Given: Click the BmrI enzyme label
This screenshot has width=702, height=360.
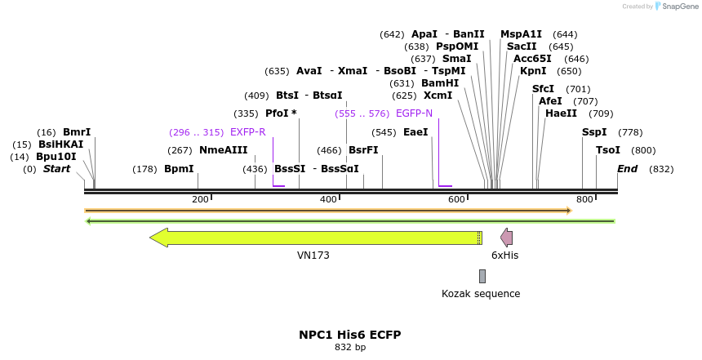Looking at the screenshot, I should pos(77,132).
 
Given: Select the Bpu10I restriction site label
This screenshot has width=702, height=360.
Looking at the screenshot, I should pos(56,157).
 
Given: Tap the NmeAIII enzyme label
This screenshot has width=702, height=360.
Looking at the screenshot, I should pos(223,150).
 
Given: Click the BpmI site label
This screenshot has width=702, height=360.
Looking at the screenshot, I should pos(179,169).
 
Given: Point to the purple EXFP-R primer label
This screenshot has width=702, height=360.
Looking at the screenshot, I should pos(248,132).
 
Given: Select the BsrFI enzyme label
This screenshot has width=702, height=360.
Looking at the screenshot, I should pos(363,150).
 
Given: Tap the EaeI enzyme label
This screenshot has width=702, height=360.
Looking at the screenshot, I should pos(415,132).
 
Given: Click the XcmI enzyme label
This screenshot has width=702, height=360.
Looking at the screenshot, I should pos(438,96).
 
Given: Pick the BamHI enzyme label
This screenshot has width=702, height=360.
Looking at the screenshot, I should pos(440,83).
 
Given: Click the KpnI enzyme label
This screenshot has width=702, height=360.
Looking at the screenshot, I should pos(533,71).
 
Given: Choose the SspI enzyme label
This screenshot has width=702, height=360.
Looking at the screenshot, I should pos(594,132).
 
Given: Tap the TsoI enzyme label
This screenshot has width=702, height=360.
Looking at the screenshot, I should pos(608,150).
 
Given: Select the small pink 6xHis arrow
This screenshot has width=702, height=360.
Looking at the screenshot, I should pos(507,238).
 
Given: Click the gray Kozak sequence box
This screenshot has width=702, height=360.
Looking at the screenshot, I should pos(482,276).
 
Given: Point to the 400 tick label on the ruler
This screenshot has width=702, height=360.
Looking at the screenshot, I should pos(329,200).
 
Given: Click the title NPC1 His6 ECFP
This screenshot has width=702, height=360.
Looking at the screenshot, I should pos(349,335).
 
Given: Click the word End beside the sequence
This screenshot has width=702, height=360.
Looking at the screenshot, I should pos(627,169).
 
